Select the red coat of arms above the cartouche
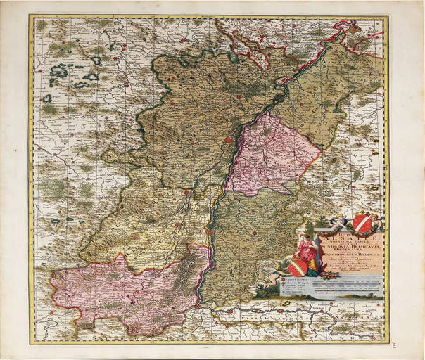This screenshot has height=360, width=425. (x=362, y=223)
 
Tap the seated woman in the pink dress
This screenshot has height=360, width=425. (x=306, y=249)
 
